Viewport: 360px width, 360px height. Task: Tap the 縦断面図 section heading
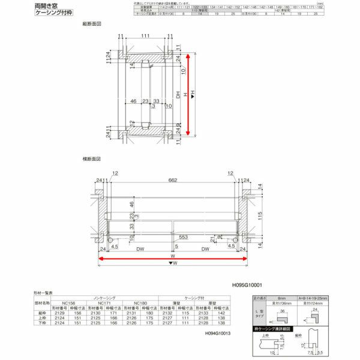(x=91, y=25)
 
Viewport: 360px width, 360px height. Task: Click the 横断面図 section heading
(x=91, y=159)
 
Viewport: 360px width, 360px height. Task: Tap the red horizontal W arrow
(x=173, y=259)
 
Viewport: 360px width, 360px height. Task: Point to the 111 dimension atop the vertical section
(x=146, y=37)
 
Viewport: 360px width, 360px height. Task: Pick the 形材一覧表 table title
(x=43, y=293)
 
